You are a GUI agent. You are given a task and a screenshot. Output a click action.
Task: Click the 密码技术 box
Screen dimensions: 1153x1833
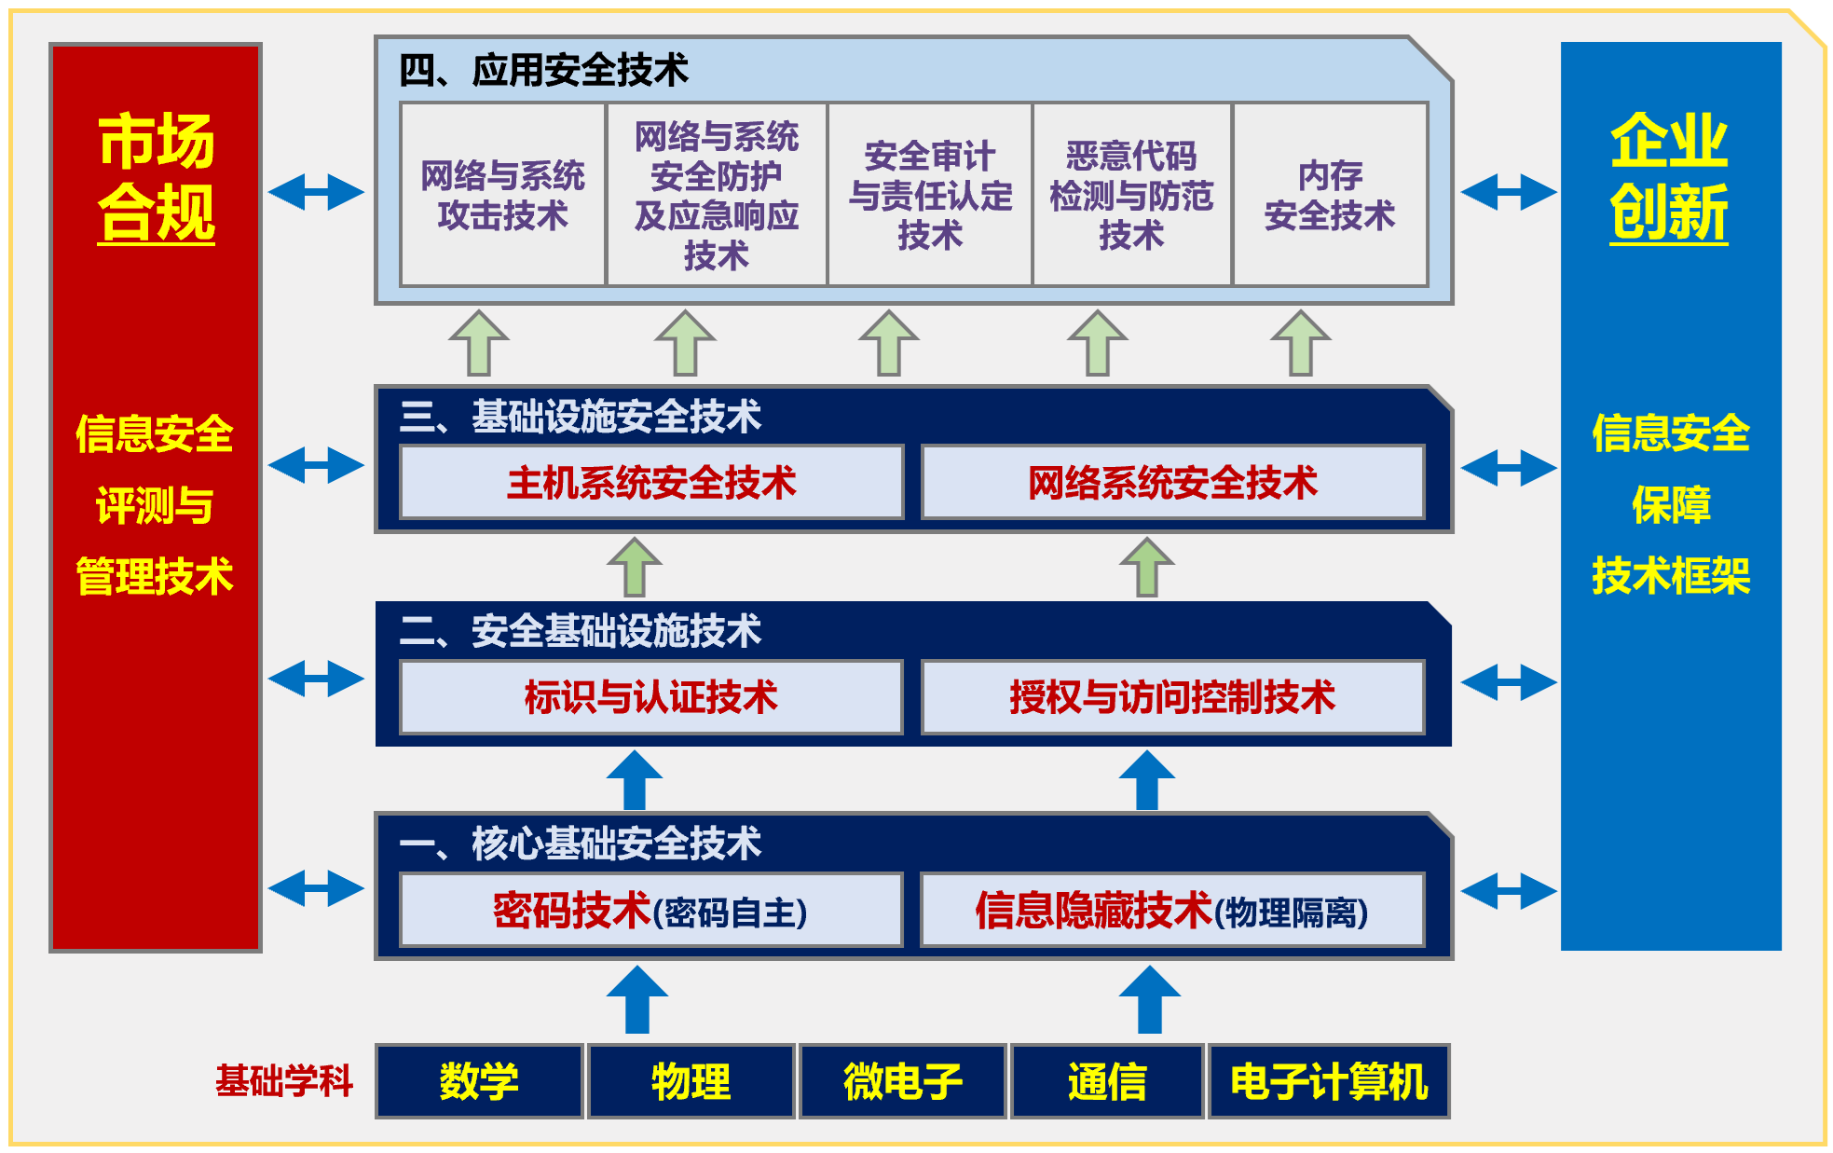650,911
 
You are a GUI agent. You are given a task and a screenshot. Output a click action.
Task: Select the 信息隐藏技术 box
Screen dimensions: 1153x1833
1171,911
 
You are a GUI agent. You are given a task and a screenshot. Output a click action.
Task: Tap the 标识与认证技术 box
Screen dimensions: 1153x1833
650,697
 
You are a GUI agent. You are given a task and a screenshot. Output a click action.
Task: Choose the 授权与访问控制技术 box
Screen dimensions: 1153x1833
1171,697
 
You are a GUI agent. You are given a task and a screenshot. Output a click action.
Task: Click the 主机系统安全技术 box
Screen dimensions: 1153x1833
650,482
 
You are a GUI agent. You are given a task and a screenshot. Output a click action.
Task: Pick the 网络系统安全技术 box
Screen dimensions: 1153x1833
1171,482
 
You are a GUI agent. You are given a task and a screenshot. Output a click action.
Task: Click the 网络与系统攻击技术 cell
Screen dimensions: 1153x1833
502,195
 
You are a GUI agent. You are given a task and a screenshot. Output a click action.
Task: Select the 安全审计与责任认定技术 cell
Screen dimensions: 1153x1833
929,195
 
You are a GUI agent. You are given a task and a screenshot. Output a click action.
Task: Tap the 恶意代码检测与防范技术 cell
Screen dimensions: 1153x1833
1131,195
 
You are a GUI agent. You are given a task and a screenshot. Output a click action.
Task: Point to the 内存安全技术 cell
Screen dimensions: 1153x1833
1330,195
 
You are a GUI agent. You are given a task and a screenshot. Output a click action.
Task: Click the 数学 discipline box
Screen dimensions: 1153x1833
479,1081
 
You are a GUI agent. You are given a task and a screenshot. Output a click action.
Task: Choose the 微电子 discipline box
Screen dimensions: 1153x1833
902,1081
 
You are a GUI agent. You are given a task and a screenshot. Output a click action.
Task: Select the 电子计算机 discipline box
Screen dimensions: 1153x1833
1329,1081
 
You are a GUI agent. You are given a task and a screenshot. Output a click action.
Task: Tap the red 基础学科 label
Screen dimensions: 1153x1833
284,1081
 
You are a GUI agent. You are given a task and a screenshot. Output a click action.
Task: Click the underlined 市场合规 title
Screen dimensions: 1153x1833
157,177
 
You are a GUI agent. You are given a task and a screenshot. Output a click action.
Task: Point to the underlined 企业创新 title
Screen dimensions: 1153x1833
1669,177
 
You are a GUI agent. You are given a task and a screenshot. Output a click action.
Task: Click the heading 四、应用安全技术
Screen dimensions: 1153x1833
543,70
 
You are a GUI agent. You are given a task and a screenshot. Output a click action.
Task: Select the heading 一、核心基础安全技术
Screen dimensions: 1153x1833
580,844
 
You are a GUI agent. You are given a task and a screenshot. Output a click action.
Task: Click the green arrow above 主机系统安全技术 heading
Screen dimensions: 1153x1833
478,343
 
